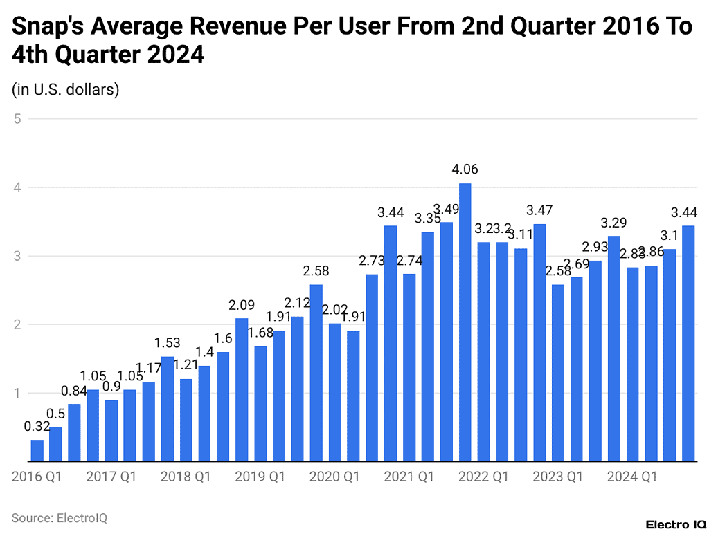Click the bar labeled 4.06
465,322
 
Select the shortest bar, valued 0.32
37,450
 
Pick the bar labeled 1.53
168,409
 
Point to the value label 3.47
539,210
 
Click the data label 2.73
372,261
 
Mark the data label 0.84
74,390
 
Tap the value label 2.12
298,303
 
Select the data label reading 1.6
223,338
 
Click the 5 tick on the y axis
17,119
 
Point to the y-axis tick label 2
17,325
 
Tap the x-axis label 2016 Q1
37,477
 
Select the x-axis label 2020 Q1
334,477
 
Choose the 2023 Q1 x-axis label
558,477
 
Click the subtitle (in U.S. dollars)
66,89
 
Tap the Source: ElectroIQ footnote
60,517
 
